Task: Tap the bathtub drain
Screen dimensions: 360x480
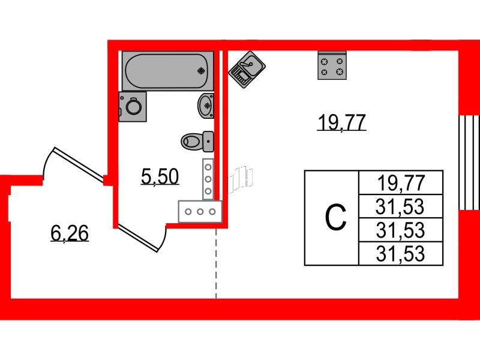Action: (202, 70)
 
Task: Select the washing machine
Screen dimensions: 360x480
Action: (133, 107)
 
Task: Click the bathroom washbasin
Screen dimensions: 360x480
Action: (206, 106)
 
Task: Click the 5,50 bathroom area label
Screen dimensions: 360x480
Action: (160, 176)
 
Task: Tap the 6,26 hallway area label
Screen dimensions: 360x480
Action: (70, 233)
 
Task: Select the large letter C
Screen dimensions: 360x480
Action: (335, 218)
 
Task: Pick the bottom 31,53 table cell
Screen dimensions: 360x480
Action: (400, 254)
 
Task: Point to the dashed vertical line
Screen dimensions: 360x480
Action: (216, 264)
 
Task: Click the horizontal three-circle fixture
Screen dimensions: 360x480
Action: (200, 211)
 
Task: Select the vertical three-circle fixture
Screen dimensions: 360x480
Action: (208, 178)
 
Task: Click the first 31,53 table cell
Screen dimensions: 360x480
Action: (400, 206)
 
